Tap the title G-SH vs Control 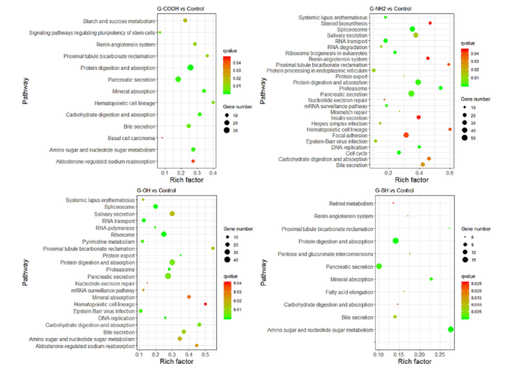point(394,191)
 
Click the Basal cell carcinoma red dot point(162,138)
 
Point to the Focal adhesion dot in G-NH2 point(406,135)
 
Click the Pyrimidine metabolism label point(110,241)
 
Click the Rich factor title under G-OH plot point(176,361)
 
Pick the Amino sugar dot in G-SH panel point(451,329)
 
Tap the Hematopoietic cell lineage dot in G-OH point(205,303)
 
